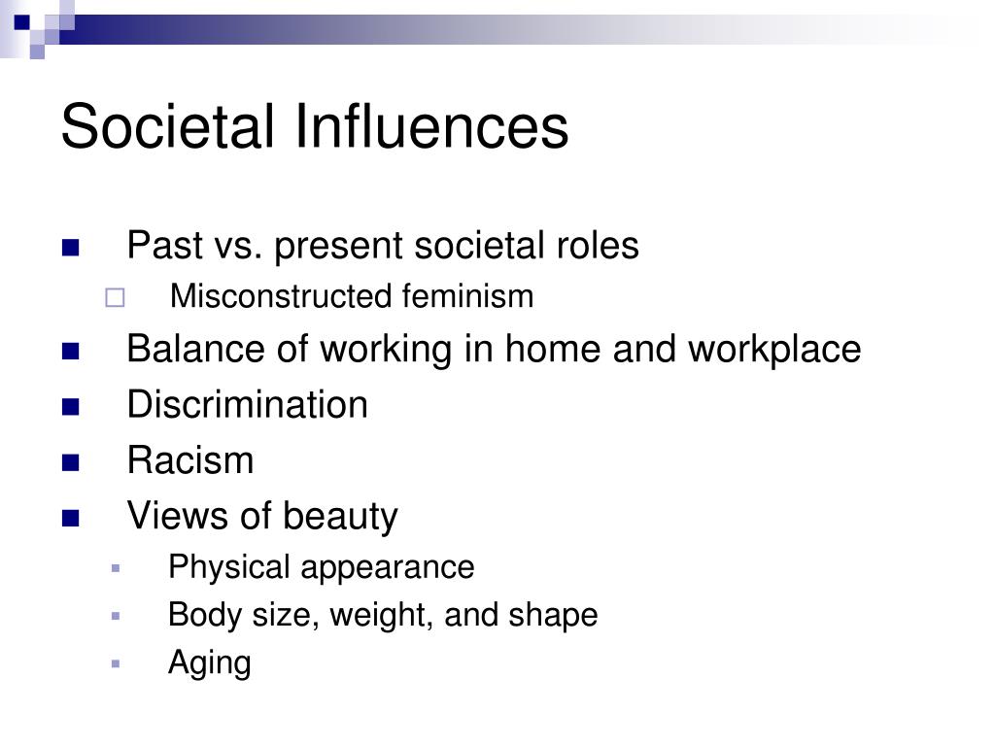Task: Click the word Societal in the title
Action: tap(167, 126)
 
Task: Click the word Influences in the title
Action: tap(431, 126)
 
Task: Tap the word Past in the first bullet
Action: tap(165, 245)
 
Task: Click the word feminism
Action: tap(467, 296)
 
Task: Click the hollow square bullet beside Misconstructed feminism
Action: tap(115, 297)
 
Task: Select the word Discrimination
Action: tap(248, 405)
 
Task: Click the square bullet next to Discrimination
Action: tap(70, 407)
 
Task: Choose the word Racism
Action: tap(190, 459)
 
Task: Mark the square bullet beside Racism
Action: tap(70, 462)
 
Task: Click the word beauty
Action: tap(340, 517)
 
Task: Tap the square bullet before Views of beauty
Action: tap(70, 519)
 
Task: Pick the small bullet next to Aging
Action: tap(115, 664)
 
